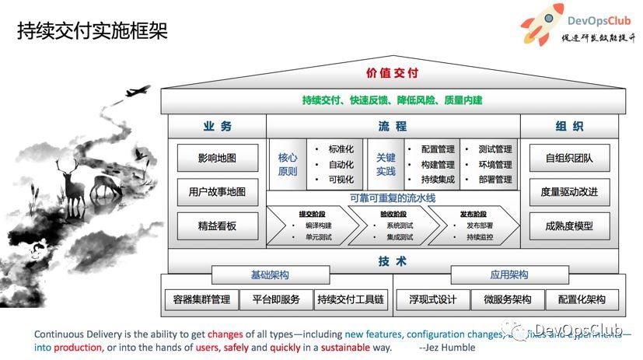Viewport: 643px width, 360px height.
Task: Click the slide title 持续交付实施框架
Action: tap(92, 31)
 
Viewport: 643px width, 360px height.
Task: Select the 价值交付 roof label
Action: tap(392, 74)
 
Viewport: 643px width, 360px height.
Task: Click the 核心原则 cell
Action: tap(288, 164)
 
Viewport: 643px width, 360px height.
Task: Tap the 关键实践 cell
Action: tap(386, 164)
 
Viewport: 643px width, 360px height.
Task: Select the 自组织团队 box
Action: tap(569, 158)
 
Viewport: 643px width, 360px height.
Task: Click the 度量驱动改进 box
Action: tap(569, 192)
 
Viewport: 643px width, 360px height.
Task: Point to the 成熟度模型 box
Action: tap(569, 226)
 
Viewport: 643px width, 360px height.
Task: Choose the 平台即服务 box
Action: tap(271, 299)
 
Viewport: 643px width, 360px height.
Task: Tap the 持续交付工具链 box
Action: tap(351, 299)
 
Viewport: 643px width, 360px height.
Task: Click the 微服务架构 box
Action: tap(507, 299)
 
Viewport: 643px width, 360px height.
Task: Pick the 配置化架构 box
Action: tap(576, 299)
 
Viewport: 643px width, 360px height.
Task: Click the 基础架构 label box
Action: tap(270, 275)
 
